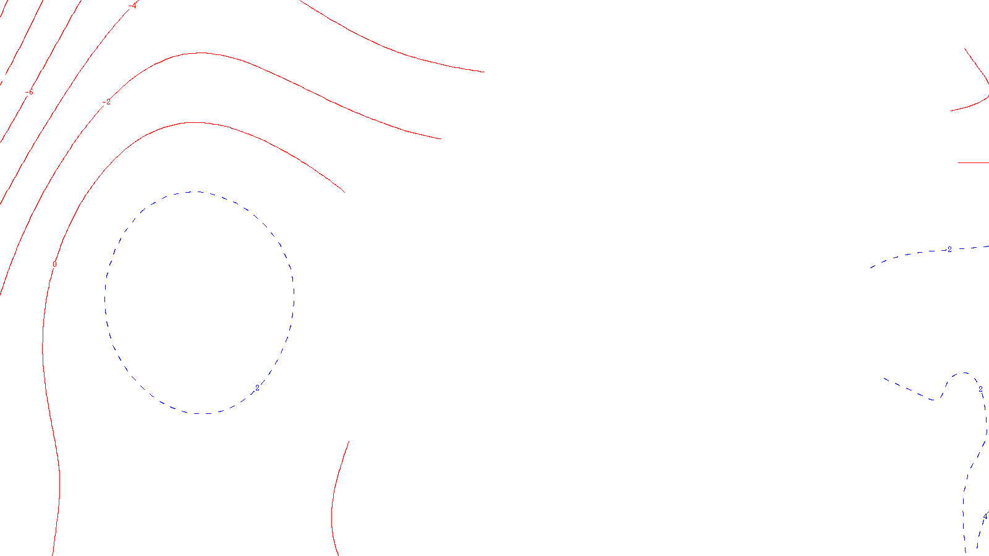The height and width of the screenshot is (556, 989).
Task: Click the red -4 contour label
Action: pos(133,6)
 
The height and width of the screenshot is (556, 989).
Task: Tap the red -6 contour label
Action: pos(29,92)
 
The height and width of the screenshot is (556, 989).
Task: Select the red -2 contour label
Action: pos(107,102)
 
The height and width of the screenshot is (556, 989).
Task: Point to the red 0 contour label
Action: pos(54,264)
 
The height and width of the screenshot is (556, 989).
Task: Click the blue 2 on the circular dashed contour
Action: pos(258,388)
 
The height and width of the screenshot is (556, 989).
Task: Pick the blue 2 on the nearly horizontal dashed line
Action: pos(950,250)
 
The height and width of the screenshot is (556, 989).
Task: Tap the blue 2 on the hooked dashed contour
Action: pos(980,389)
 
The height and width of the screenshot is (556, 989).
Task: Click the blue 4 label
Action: pos(985,516)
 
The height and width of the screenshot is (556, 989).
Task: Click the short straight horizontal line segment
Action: pos(973,162)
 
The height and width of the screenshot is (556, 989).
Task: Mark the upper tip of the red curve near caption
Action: pos(349,441)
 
